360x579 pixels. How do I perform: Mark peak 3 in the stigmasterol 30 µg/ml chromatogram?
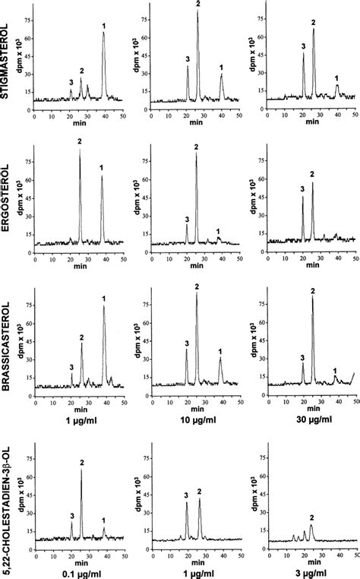pyautogui.click(x=303, y=55)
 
